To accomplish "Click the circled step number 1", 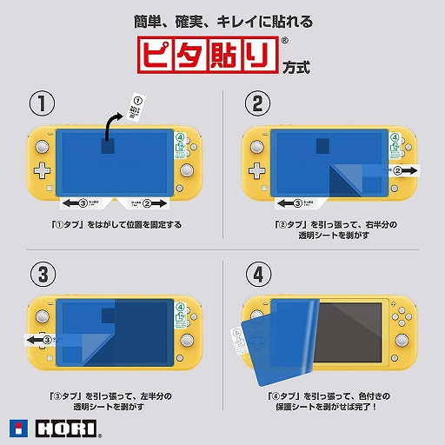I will [39, 104].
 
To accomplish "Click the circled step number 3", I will [39, 274].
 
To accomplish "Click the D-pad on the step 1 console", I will [40, 169].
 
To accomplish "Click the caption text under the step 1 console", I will [116, 224].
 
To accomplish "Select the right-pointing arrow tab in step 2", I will [403, 170].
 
